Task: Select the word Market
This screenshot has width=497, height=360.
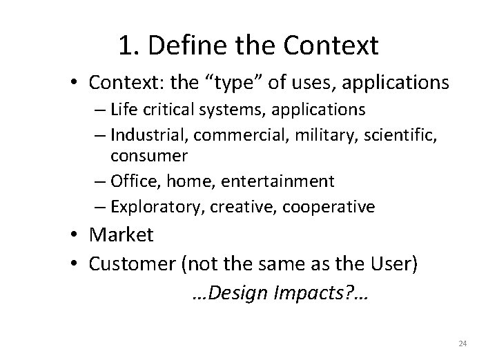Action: click(121, 235)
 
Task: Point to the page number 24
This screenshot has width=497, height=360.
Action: click(462, 343)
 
